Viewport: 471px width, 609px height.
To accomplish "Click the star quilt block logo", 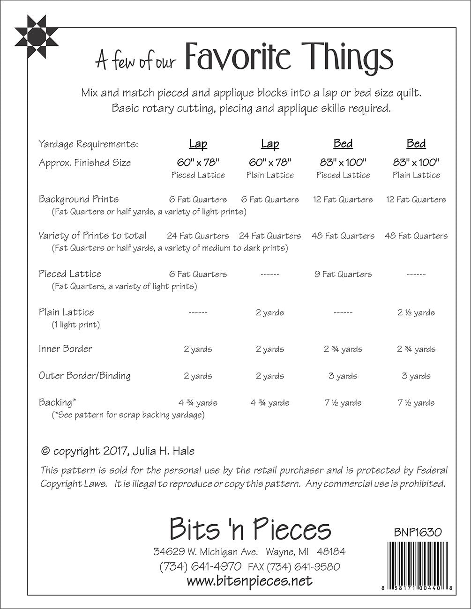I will click(32, 34).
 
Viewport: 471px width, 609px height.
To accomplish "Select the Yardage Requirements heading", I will click(89, 144).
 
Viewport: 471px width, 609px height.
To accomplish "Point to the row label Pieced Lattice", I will click(70, 274).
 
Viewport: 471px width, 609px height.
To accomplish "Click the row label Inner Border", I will click(66, 349).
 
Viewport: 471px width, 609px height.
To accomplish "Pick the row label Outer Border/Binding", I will click(85, 375).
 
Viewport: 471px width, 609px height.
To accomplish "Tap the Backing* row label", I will click(57, 402).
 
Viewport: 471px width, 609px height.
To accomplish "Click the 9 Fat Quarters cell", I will click(343, 274).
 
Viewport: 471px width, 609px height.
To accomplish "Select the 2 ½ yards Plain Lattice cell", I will click(416, 312).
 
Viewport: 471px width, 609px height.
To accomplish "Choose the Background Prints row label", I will click(79, 199).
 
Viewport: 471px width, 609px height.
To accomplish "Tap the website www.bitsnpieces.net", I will click(249, 581).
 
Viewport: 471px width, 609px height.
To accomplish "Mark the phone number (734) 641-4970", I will click(201, 566).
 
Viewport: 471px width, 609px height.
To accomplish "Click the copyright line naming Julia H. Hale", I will click(118, 451).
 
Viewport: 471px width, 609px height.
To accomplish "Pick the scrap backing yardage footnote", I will click(128, 415).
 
